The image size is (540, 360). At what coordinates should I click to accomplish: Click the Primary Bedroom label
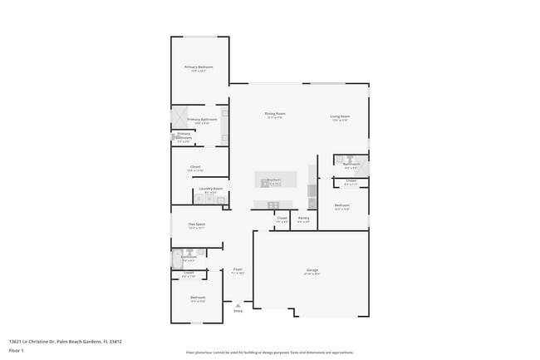click(x=199, y=67)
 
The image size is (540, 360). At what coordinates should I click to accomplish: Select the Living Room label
click(x=340, y=116)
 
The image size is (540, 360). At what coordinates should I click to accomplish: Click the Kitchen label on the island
click(x=273, y=180)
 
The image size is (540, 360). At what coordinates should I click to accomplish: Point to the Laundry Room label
click(x=211, y=189)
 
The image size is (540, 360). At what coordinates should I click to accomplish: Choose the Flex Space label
click(x=197, y=224)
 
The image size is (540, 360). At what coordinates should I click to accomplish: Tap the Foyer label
click(x=238, y=269)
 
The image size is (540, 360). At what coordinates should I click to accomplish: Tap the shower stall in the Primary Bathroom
click(x=179, y=117)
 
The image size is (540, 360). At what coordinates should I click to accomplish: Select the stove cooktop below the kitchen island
click(x=272, y=205)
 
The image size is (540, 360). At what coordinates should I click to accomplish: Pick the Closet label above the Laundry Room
click(x=195, y=166)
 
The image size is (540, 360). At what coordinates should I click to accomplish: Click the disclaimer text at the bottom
click(x=269, y=353)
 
